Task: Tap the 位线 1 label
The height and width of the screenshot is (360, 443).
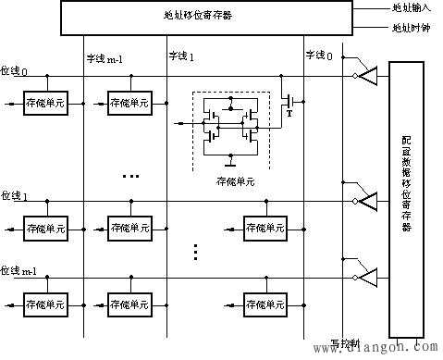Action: point(13,195)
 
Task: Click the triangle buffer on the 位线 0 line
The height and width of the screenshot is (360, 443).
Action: point(367,77)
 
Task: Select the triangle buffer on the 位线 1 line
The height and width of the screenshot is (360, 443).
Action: point(367,200)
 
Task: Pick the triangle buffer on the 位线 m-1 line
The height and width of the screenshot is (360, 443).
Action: point(367,276)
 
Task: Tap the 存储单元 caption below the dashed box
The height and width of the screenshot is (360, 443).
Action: point(232,182)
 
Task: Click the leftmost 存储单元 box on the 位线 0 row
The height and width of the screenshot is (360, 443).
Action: point(43,103)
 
